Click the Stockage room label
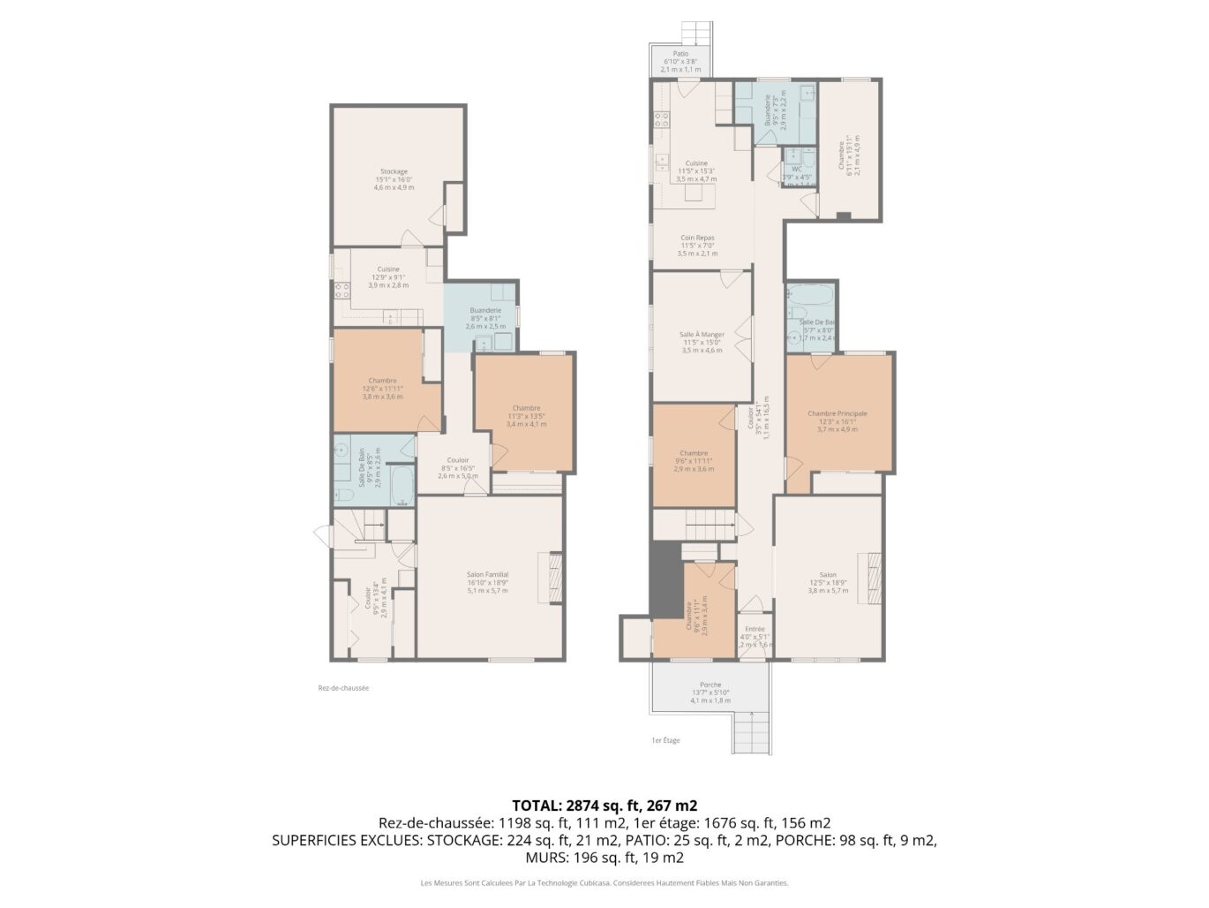pyautogui.click(x=394, y=171)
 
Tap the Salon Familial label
pyautogui.click(x=487, y=575)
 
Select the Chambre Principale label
pyautogui.click(x=837, y=413)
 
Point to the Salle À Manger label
pyautogui.click(x=702, y=335)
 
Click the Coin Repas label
pyautogui.click(x=697, y=238)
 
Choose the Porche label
pyautogui.click(x=710, y=685)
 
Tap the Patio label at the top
pyautogui.click(x=680, y=53)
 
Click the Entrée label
pyautogui.click(x=754, y=629)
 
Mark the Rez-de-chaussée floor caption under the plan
pyautogui.click(x=343, y=688)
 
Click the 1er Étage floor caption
pyautogui.click(x=665, y=740)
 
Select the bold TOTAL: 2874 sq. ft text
pyautogui.click(x=604, y=806)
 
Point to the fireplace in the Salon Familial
pyautogui.click(x=555, y=579)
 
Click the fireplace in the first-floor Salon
pyautogui.click(x=874, y=579)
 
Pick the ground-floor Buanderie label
pyautogui.click(x=485, y=310)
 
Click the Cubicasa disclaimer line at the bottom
pyautogui.click(x=604, y=882)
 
